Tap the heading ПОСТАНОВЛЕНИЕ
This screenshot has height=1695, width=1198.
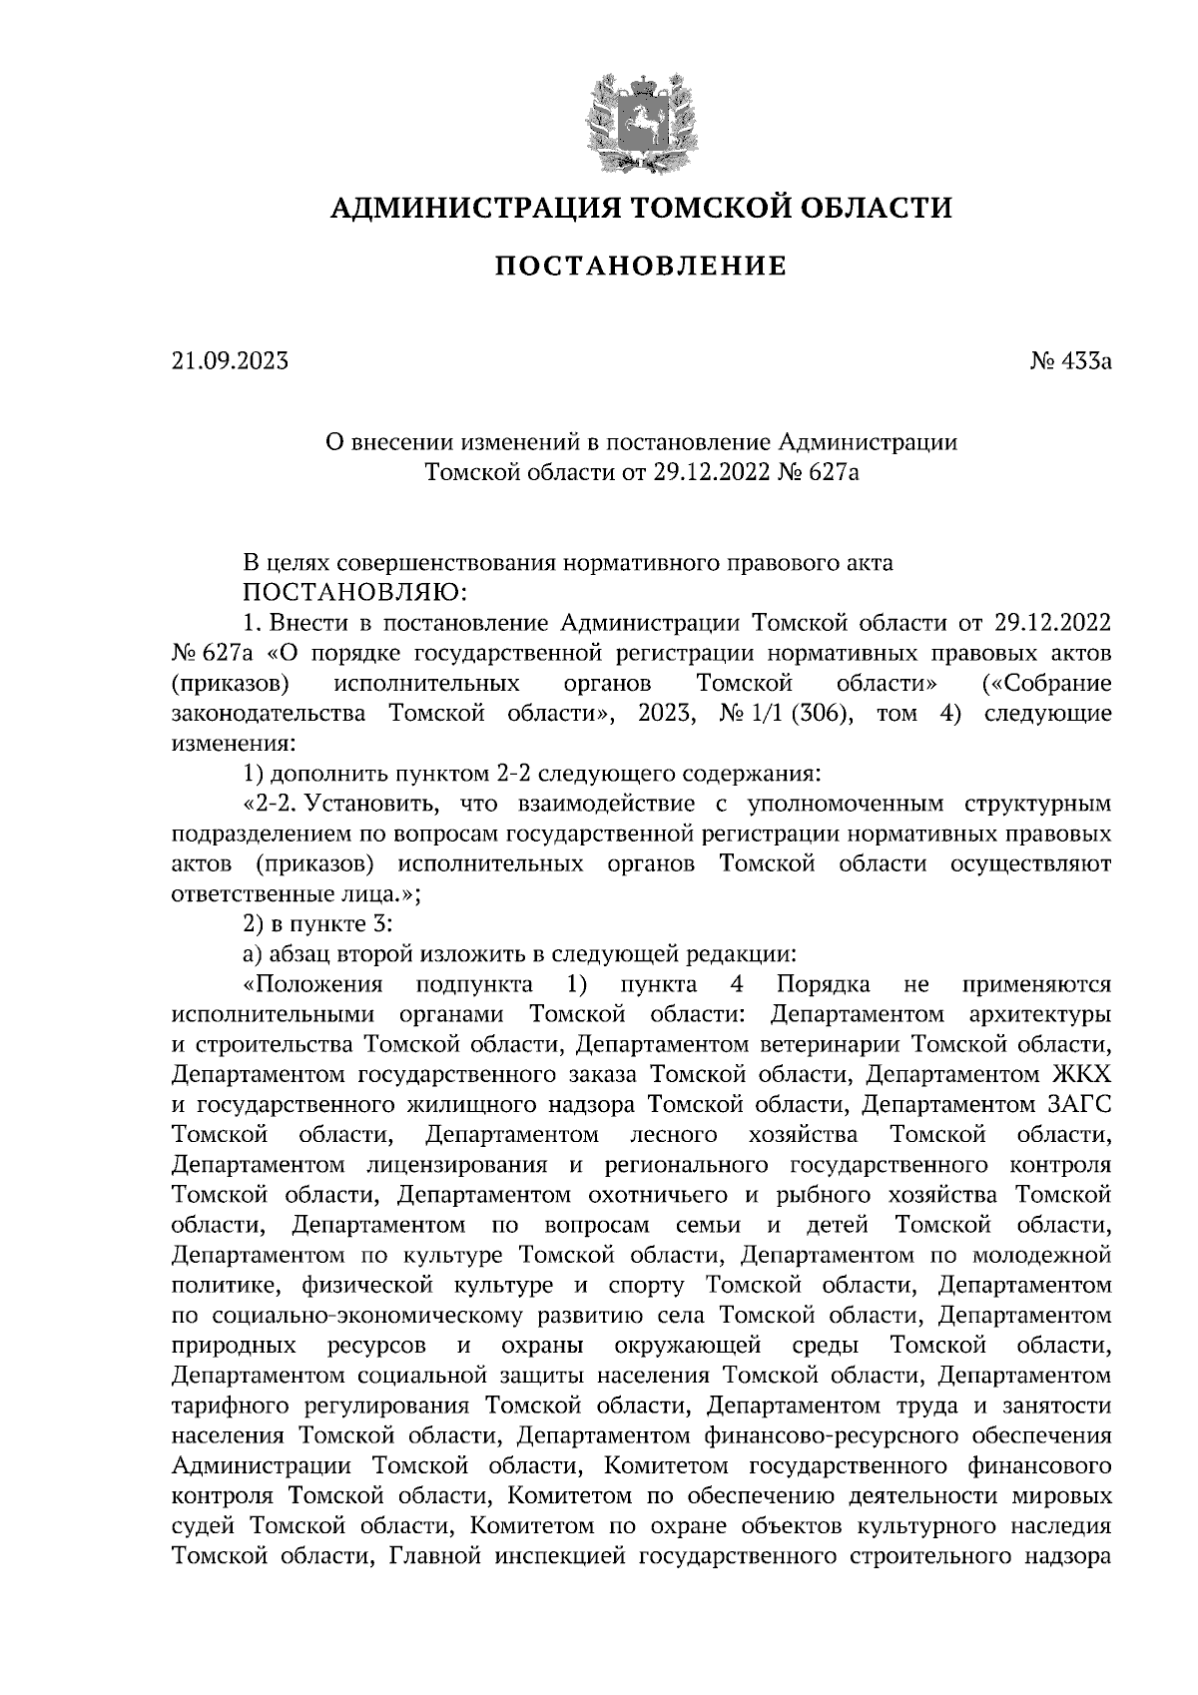pos(641,266)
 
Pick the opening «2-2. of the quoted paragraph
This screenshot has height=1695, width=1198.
pos(272,804)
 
